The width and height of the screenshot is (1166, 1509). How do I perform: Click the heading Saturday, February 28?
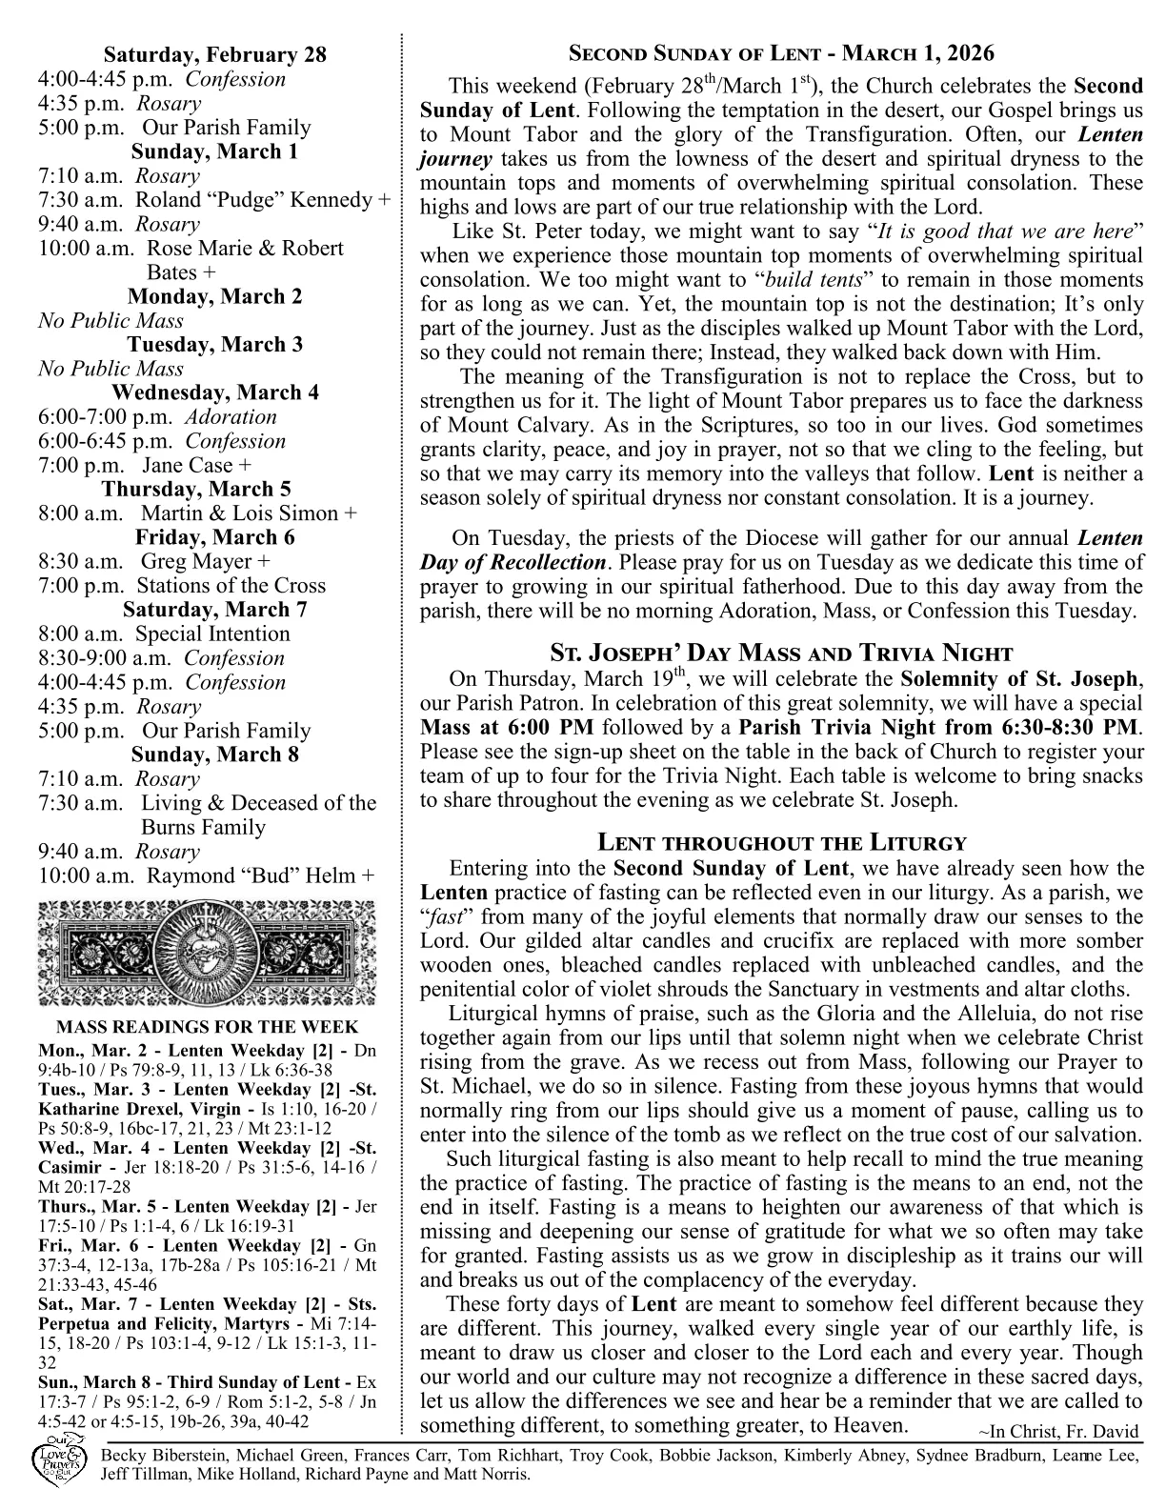coord(214,55)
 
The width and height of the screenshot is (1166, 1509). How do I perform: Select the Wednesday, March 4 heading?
coord(214,392)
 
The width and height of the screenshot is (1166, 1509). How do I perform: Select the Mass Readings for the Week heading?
coord(208,1027)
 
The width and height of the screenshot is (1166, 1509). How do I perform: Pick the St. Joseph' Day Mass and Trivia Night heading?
coord(781,653)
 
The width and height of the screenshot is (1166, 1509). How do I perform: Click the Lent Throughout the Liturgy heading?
coord(781,842)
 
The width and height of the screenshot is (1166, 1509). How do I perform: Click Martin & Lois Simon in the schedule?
coord(239,513)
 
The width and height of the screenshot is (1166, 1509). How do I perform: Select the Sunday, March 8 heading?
coord(214,755)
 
